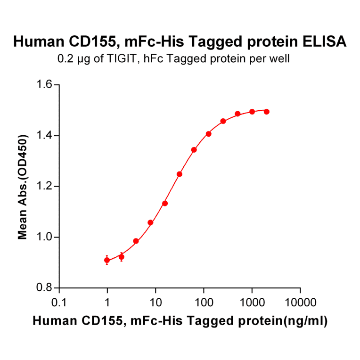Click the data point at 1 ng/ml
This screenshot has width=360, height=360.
tap(107, 260)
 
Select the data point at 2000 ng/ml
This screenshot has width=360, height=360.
tap(267, 112)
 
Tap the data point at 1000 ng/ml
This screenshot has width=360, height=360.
tap(252, 112)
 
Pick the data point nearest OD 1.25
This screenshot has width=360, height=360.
tap(180, 174)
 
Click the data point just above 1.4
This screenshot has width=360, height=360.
tap(208, 134)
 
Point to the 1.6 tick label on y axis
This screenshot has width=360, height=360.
tap(45, 85)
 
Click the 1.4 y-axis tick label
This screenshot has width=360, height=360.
tap(45, 136)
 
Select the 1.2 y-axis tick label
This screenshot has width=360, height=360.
tap(45, 187)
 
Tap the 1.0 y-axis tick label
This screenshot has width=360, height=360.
tap(45, 237)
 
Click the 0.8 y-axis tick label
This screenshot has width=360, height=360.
tap(45, 288)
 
